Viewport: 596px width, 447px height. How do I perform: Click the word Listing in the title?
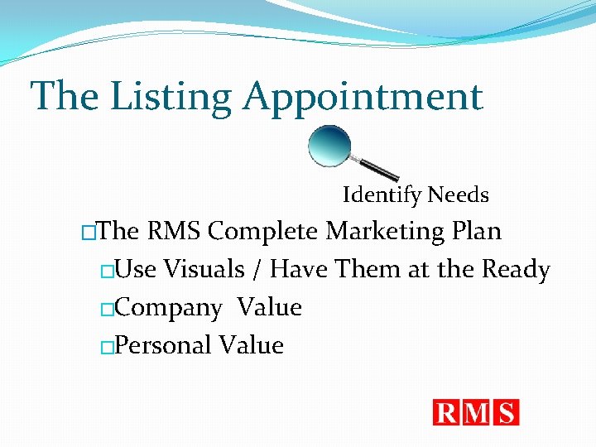[x=171, y=96]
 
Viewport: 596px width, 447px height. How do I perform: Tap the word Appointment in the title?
[x=362, y=96]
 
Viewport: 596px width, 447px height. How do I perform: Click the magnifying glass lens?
[x=329, y=145]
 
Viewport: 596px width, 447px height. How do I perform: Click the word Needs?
[x=458, y=195]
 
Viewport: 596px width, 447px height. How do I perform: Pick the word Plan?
[x=477, y=231]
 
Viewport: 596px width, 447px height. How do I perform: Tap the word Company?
[x=169, y=308]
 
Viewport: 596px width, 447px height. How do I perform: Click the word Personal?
[x=164, y=345]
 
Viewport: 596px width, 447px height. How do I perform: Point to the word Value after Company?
[x=269, y=307]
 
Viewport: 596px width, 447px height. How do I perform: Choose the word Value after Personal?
[x=252, y=345]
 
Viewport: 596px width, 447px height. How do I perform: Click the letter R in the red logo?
[x=448, y=412]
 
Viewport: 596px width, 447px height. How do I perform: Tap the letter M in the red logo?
[x=478, y=412]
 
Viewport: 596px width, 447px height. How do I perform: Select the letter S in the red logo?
[x=506, y=412]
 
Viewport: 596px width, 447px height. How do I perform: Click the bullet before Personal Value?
[x=106, y=348]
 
